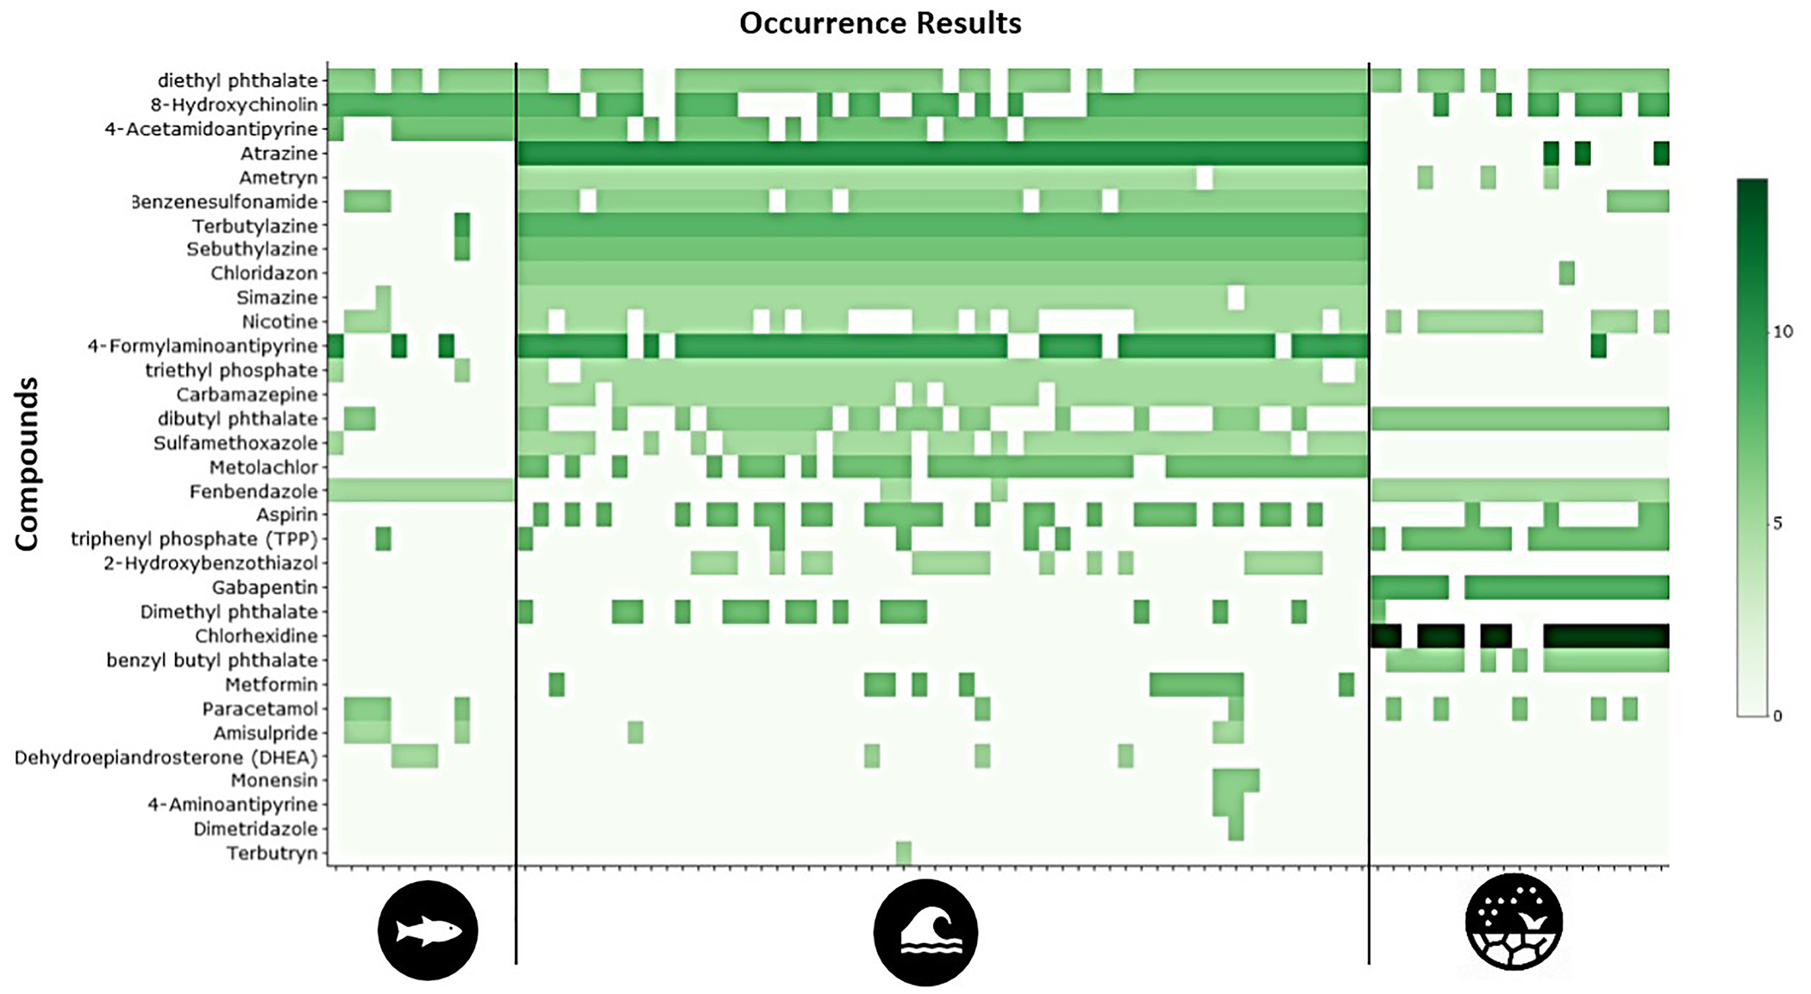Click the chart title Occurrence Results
(x=880, y=23)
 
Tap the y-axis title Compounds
(x=27, y=463)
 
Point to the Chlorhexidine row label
(x=256, y=636)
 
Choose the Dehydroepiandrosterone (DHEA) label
(x=166, y=758)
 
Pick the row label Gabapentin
(x=265, y=588)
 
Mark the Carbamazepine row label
(x=247, y=395)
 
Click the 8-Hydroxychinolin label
(x=234, y=105)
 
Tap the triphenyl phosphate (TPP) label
(x=194, y=540)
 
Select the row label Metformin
(x=271, y=685)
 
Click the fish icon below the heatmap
(x=428, y=931)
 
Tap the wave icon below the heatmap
(x=925, y=932)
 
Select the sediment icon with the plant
(x=1513, y=922)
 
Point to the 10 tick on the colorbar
(x=1783, y=332)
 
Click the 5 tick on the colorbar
(x=1777, y=523)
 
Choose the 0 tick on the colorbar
(x=1777, y=716)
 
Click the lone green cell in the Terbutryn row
(x=903, y=853)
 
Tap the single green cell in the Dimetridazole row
(x=1236, y=829)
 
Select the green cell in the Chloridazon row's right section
(x=1567, y=273)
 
